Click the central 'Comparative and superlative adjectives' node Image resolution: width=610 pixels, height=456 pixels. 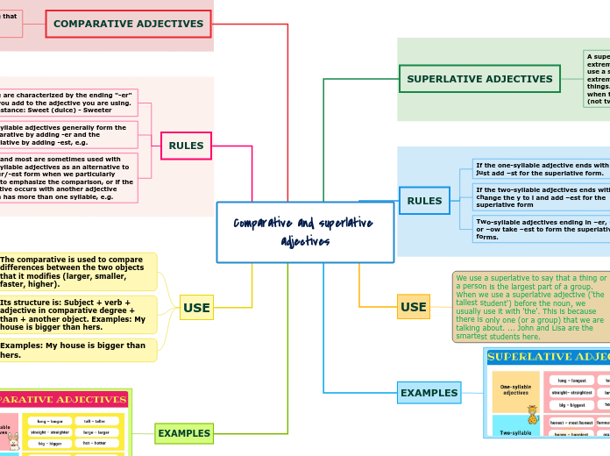pyautogui.click(x=305, y=232)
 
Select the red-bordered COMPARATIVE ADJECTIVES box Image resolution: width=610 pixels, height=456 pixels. pyautogui.click(x=128, y=24)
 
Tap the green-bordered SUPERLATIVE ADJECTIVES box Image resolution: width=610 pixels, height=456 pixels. pyautogui.click(x=479, y=79)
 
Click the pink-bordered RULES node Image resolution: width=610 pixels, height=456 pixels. pyautogui.click(x=186, y=146)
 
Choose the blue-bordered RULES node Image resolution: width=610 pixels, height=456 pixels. pyautogui.click(x=424, y=201)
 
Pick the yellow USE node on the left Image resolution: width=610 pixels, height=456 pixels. pyautogui.click(x=196, y=308)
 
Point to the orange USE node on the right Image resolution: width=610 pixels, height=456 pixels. pyautogui.click(x=414, y=307)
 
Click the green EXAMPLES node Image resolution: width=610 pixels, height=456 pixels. pyautogui.click(x=184, y=433)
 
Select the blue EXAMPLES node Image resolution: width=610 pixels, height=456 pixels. pyautogui.click(x=429, y=393)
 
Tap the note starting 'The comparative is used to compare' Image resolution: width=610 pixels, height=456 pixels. pyautogui.click(x=77, y=272)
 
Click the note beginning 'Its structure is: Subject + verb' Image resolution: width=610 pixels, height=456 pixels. pyautogui.click(x=77, y=315)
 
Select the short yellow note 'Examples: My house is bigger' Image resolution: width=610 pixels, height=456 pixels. pyautogui.click(x=77, y=350)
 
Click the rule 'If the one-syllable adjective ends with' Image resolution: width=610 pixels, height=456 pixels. pyautogui.click(x=541, y=168)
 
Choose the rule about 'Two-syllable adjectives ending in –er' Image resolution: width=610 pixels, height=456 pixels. pyautogui.click(x=541, y=229)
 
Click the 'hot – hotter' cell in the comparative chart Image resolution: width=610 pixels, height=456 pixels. pyautogui.click(x=96, y=443)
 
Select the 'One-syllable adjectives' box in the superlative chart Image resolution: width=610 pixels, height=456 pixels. pyautogui.click(x=515, y=391)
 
